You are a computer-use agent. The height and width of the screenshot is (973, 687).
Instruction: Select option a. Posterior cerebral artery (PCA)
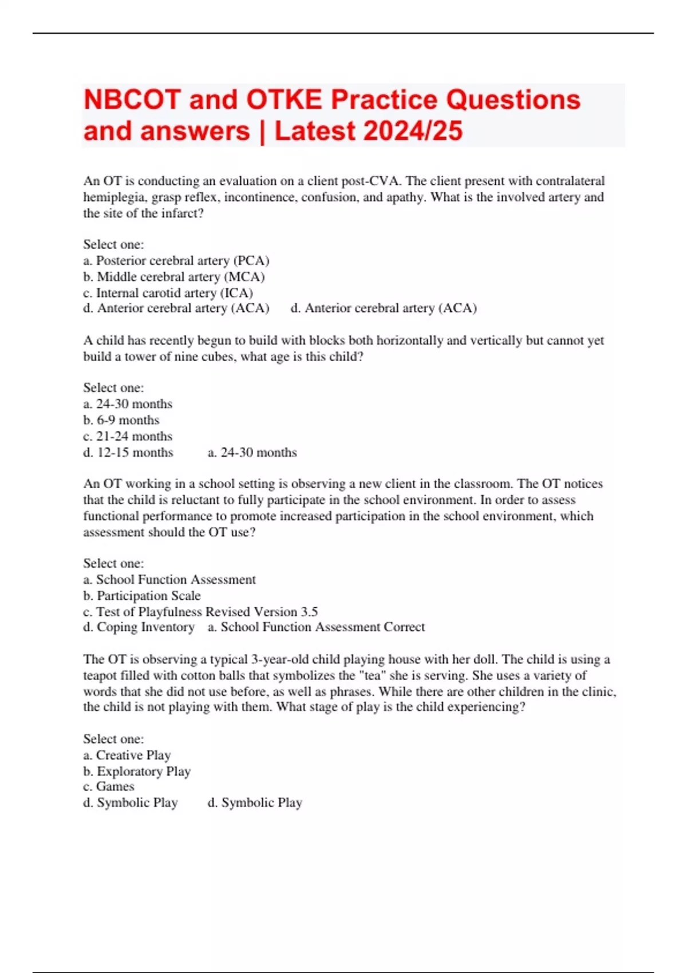pyautogui.click(x=176, y=260)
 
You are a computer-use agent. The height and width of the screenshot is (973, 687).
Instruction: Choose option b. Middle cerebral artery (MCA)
pyautogui.click(x=174, y=276)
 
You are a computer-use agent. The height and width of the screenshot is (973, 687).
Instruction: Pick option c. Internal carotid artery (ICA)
pyautogui.click(x=168, y=292)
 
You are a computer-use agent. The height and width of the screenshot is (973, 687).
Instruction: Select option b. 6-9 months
pyautogui.click(x=121, y=420)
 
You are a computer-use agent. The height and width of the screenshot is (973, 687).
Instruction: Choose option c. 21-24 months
pyautogui.click(x=128, y=436)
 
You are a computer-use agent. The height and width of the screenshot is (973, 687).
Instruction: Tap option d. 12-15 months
pyautogui.click(x=128, y=452)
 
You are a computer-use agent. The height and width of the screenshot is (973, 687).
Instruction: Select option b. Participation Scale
pyautogui.click(x=142, y=595)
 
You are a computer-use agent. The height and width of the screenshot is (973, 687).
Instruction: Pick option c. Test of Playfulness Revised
pyautogui.click(x=200, y=611)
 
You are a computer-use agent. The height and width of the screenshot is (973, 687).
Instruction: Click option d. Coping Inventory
pyautogui.click(x=139, y=627)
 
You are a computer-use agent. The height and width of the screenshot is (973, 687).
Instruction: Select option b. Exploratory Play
pyautogui.click(x=137, y=771)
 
